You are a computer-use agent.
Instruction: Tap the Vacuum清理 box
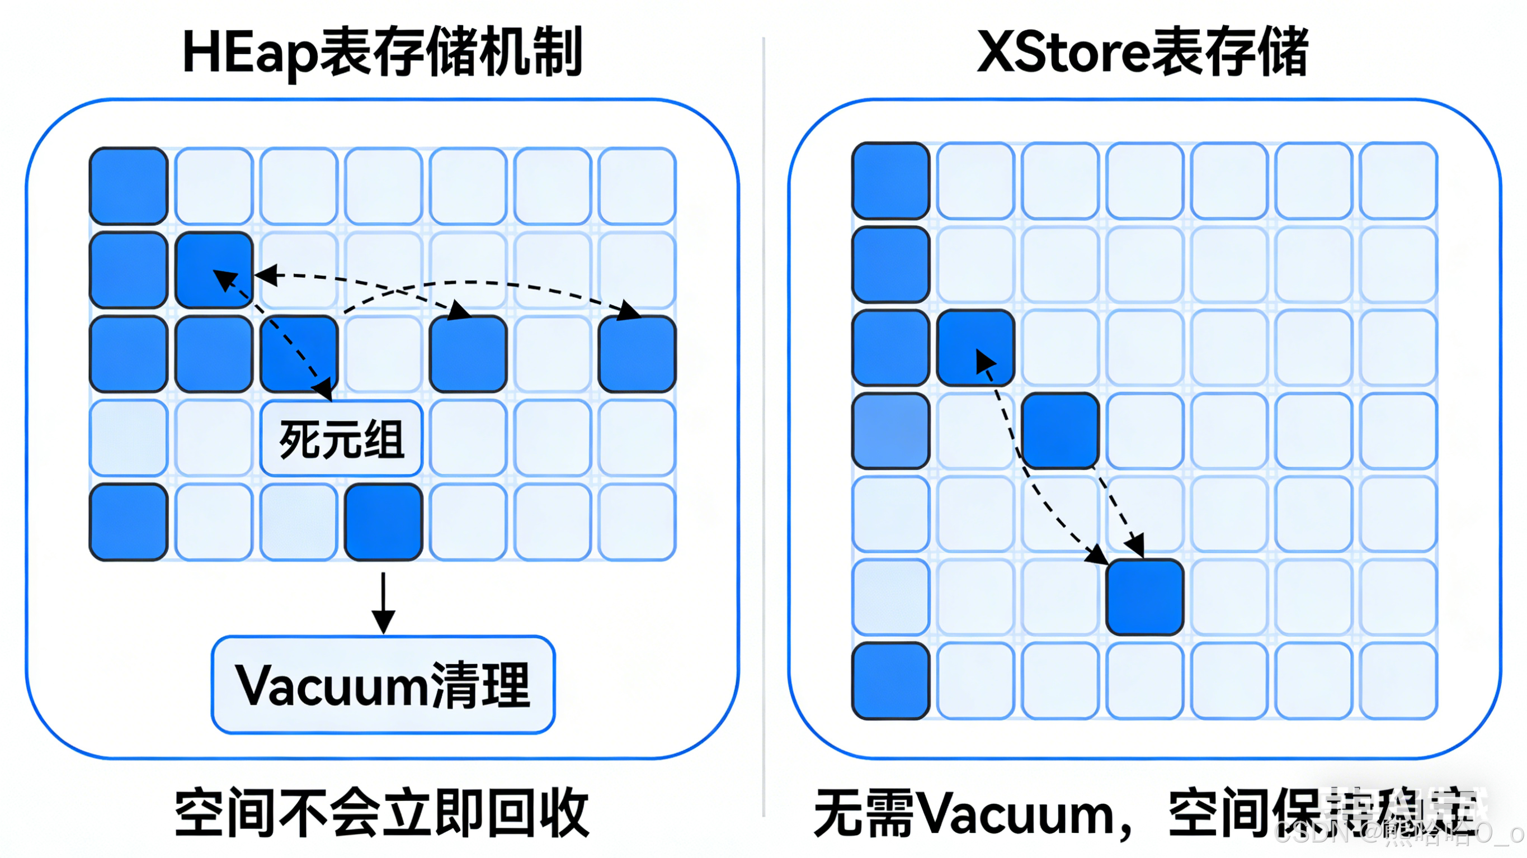[383, 685]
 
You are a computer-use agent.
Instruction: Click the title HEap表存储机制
[383, 53]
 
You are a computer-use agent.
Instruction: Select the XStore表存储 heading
[1143, 53]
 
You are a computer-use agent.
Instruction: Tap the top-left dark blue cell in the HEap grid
[129, 186]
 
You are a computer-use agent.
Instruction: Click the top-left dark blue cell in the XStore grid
[890, 181]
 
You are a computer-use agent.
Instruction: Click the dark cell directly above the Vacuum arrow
[384, 522]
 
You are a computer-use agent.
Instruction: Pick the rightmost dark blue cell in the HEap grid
[637, 354]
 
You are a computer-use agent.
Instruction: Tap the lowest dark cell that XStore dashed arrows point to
[1144, 598]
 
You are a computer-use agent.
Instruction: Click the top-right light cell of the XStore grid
[1398, 181]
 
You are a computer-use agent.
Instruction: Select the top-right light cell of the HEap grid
[637, 186]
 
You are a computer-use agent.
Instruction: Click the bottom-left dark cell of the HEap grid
[129, 522]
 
